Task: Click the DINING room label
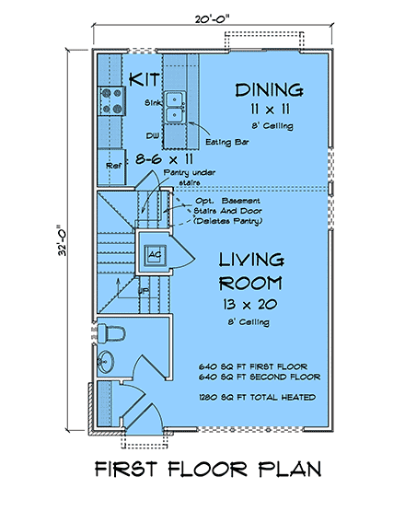click(x=270, y=90)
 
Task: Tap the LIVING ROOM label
click(x=251, y=272)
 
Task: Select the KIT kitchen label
click(x=145, y=79)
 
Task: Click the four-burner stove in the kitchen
click(x=111, y=100)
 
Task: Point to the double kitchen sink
click(x=174, y=108)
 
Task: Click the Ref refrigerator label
click(x=113, y=166)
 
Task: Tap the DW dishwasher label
click(x=152, y=135)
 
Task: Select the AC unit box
click(x=155, y=255)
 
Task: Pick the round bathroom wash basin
click(x=105, y=362)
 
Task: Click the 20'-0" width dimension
click(x=213, y=19)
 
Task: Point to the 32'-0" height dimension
click(x=62, y=239)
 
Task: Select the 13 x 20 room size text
click(x=250, y=304)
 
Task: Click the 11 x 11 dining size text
click(x=271, y=109)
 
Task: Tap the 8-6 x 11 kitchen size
click(x=164, y=159)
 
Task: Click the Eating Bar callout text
click(x=227, y=142)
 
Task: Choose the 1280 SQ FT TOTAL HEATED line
click(x=257, y=397)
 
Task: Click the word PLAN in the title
click(x=290, y=469)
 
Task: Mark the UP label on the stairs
click(x=144, y=291)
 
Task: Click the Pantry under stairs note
click(x=190, y=178)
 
